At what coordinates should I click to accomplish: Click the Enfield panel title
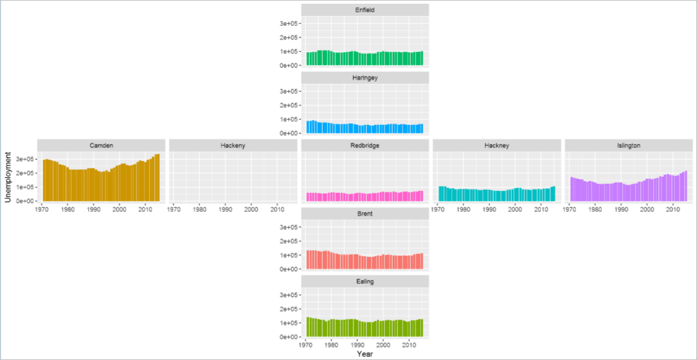(364, 10)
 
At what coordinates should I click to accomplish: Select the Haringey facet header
(364, 78)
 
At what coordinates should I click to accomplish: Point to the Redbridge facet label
(364, 146)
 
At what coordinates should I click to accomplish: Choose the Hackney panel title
(496, 146)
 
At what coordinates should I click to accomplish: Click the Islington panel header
(628, 146)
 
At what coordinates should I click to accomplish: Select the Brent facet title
(364, 214)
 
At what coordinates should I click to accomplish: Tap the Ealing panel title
(364, 282)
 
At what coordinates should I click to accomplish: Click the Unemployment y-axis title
(8, 178)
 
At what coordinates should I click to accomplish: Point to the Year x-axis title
(364, 354)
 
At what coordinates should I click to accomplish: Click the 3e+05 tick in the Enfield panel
(287, 23)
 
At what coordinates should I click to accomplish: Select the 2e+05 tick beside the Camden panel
(23, 173)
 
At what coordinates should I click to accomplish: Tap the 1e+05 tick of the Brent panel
(287, 255)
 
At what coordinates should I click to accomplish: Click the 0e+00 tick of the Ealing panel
(287, 337)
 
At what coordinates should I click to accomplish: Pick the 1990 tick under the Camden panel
(94, 209)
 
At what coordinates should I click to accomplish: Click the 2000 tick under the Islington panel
(647, 209)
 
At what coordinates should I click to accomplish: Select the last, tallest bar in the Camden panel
(157, 177)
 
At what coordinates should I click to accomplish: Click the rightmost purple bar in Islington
(685, 186)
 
